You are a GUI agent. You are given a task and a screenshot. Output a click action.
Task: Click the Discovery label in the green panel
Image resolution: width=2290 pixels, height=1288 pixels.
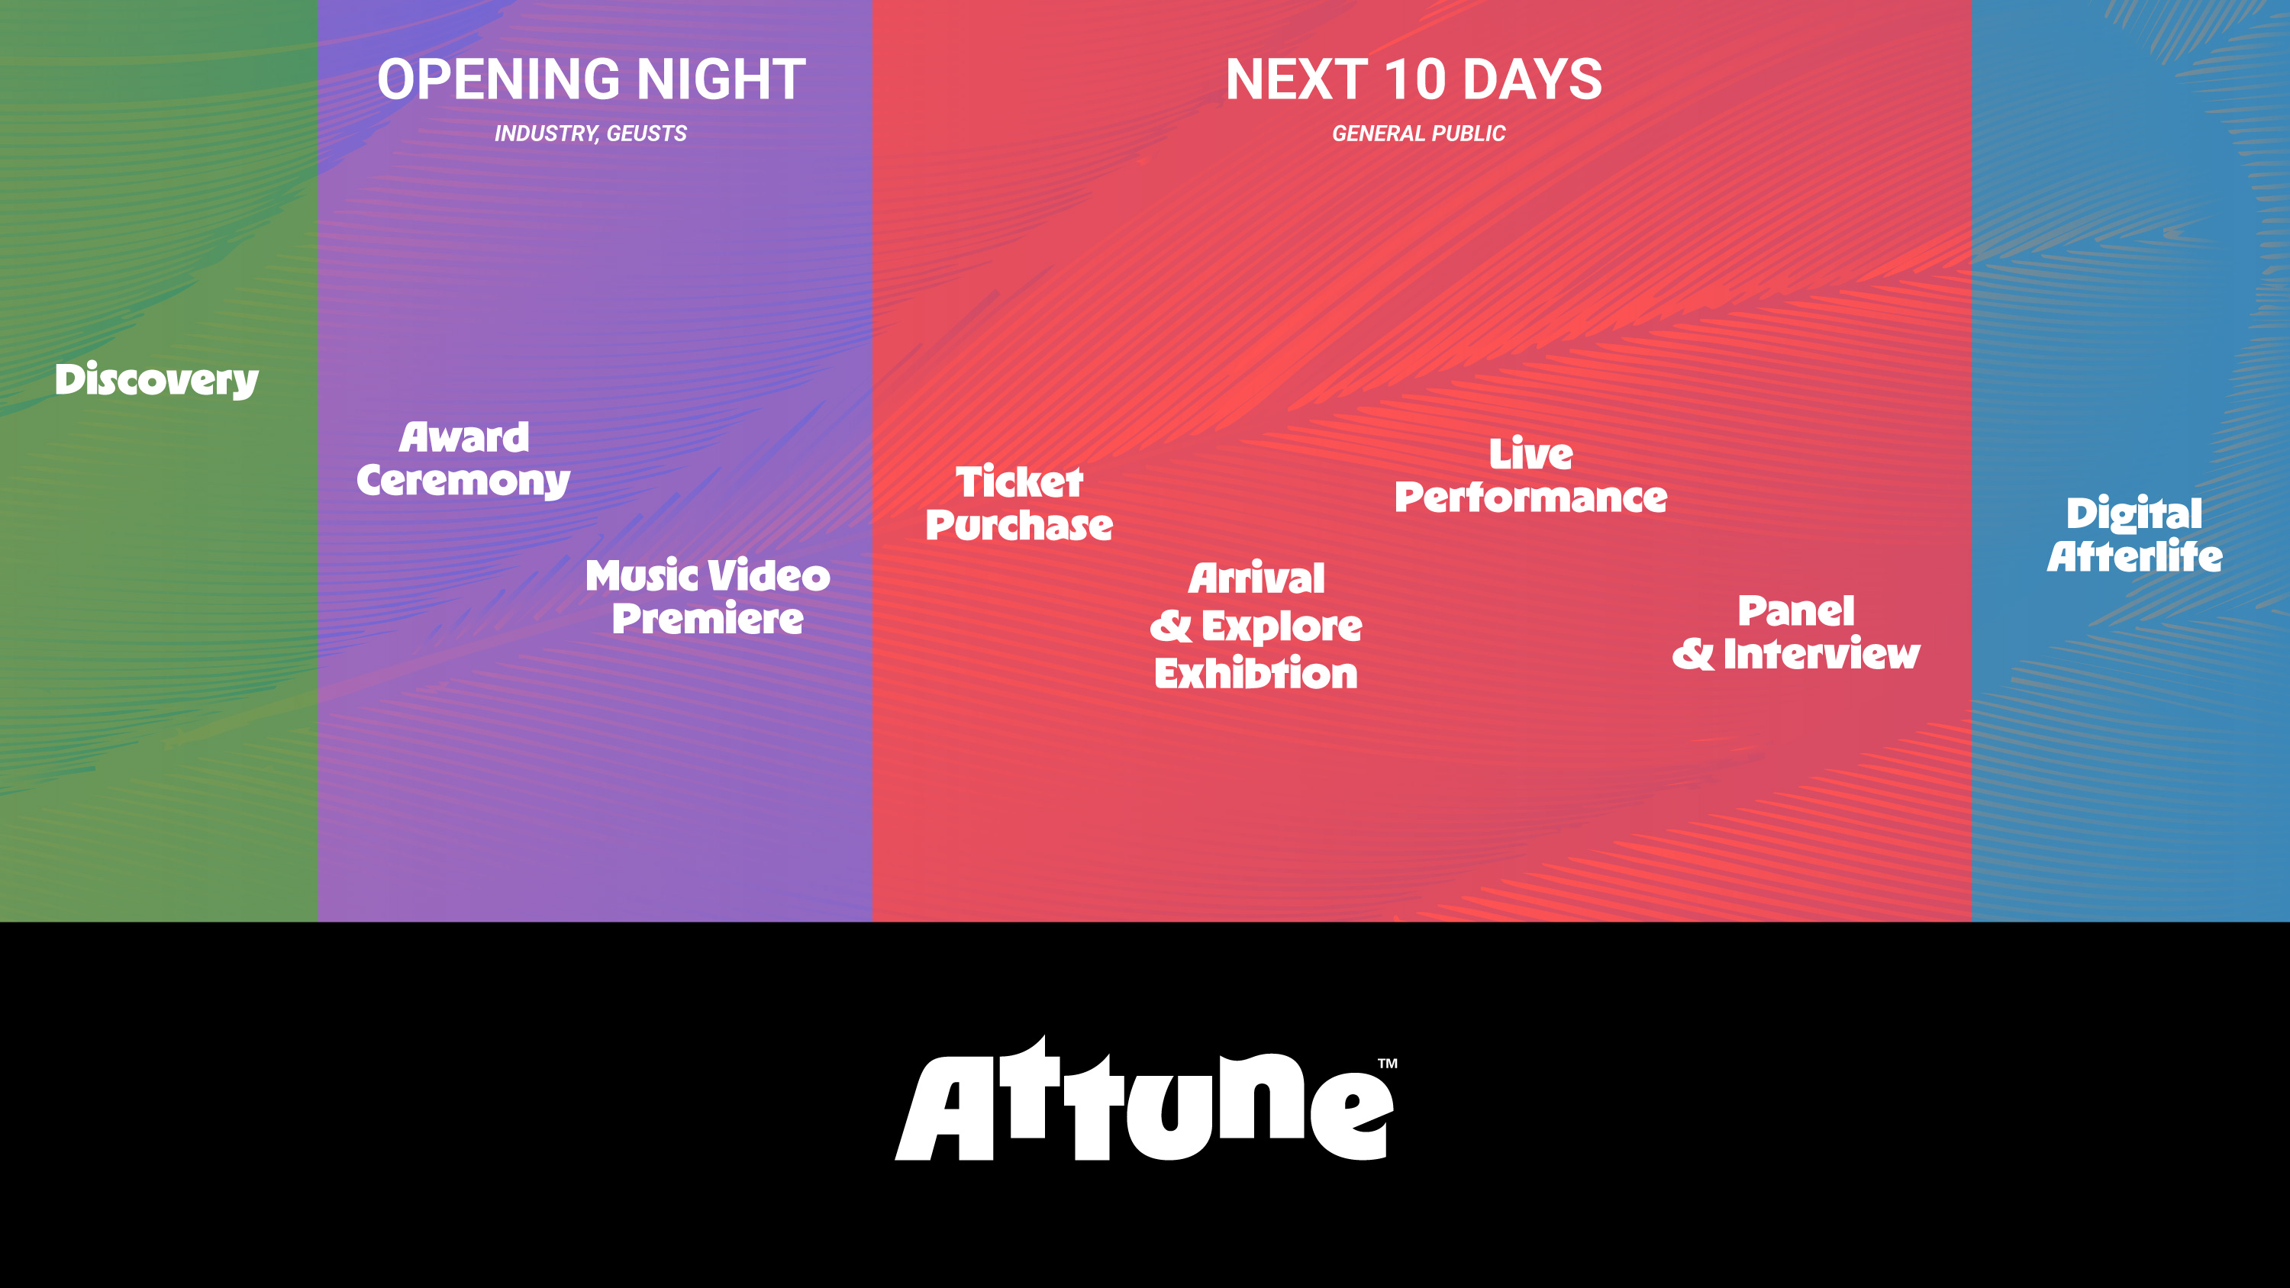click(x=156, y=379)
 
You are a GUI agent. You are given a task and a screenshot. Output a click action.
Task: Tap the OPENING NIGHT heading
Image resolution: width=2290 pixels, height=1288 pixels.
click(x=591, y=79)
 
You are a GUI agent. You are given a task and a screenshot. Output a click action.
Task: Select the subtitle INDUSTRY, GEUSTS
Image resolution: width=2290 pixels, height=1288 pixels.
click(x=590, y=134)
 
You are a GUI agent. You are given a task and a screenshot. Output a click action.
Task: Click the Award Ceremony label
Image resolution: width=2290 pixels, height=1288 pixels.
click(x=463, y=459)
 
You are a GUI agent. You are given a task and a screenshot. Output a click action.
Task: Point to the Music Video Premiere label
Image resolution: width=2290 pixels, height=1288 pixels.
click(x=708, y=597)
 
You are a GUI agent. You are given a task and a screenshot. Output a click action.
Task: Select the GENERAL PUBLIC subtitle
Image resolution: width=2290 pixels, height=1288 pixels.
click(x=1418, y=134)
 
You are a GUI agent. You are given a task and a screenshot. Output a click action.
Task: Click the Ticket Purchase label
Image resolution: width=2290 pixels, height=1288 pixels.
click(x=1019, y=503)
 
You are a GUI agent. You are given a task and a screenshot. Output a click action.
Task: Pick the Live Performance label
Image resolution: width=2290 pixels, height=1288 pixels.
click(x=1530, y=475)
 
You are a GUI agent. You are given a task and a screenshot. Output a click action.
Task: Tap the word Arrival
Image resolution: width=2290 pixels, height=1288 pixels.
click(x=1256, y=578)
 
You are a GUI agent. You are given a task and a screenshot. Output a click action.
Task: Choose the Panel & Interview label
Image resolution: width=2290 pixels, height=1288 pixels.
click(x=1795, y=632)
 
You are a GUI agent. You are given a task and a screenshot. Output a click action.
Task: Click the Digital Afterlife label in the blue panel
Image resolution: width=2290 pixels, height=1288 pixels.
click(x=2134, y=534)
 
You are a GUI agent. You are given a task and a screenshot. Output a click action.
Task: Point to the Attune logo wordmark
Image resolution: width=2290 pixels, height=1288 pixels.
click(x=1145, y=1099)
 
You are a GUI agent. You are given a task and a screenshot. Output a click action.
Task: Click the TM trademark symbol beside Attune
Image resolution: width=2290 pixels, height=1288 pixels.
click(x=1388, y=1063)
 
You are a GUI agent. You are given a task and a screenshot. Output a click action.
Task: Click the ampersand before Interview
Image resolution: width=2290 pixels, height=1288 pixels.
click(x=1692, y=654)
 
